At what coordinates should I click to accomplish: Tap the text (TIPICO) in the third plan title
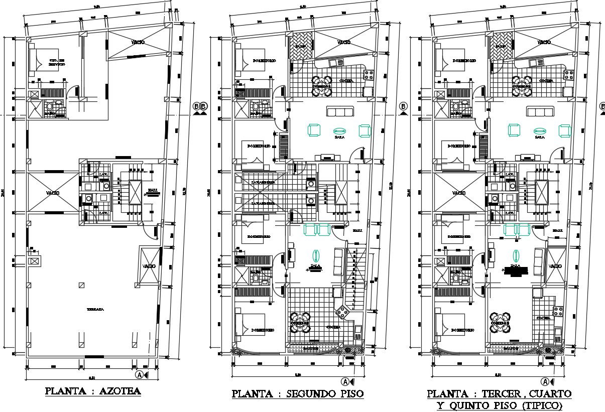click(537, 405)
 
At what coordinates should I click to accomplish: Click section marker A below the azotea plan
click(139, 375)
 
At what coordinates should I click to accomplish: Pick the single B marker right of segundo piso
click(403, 106)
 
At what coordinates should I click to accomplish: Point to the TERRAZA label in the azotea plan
click(95, 310)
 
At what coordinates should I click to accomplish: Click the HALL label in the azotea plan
click(152, 190)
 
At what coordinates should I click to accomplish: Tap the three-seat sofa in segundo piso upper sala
click(340, 111)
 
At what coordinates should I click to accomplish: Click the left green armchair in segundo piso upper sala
click(314, 130)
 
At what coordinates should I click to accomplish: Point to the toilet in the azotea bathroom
click(50, 107)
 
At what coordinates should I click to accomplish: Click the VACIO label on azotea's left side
click(52, 193)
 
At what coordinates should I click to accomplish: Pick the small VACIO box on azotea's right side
click(149, 265)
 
